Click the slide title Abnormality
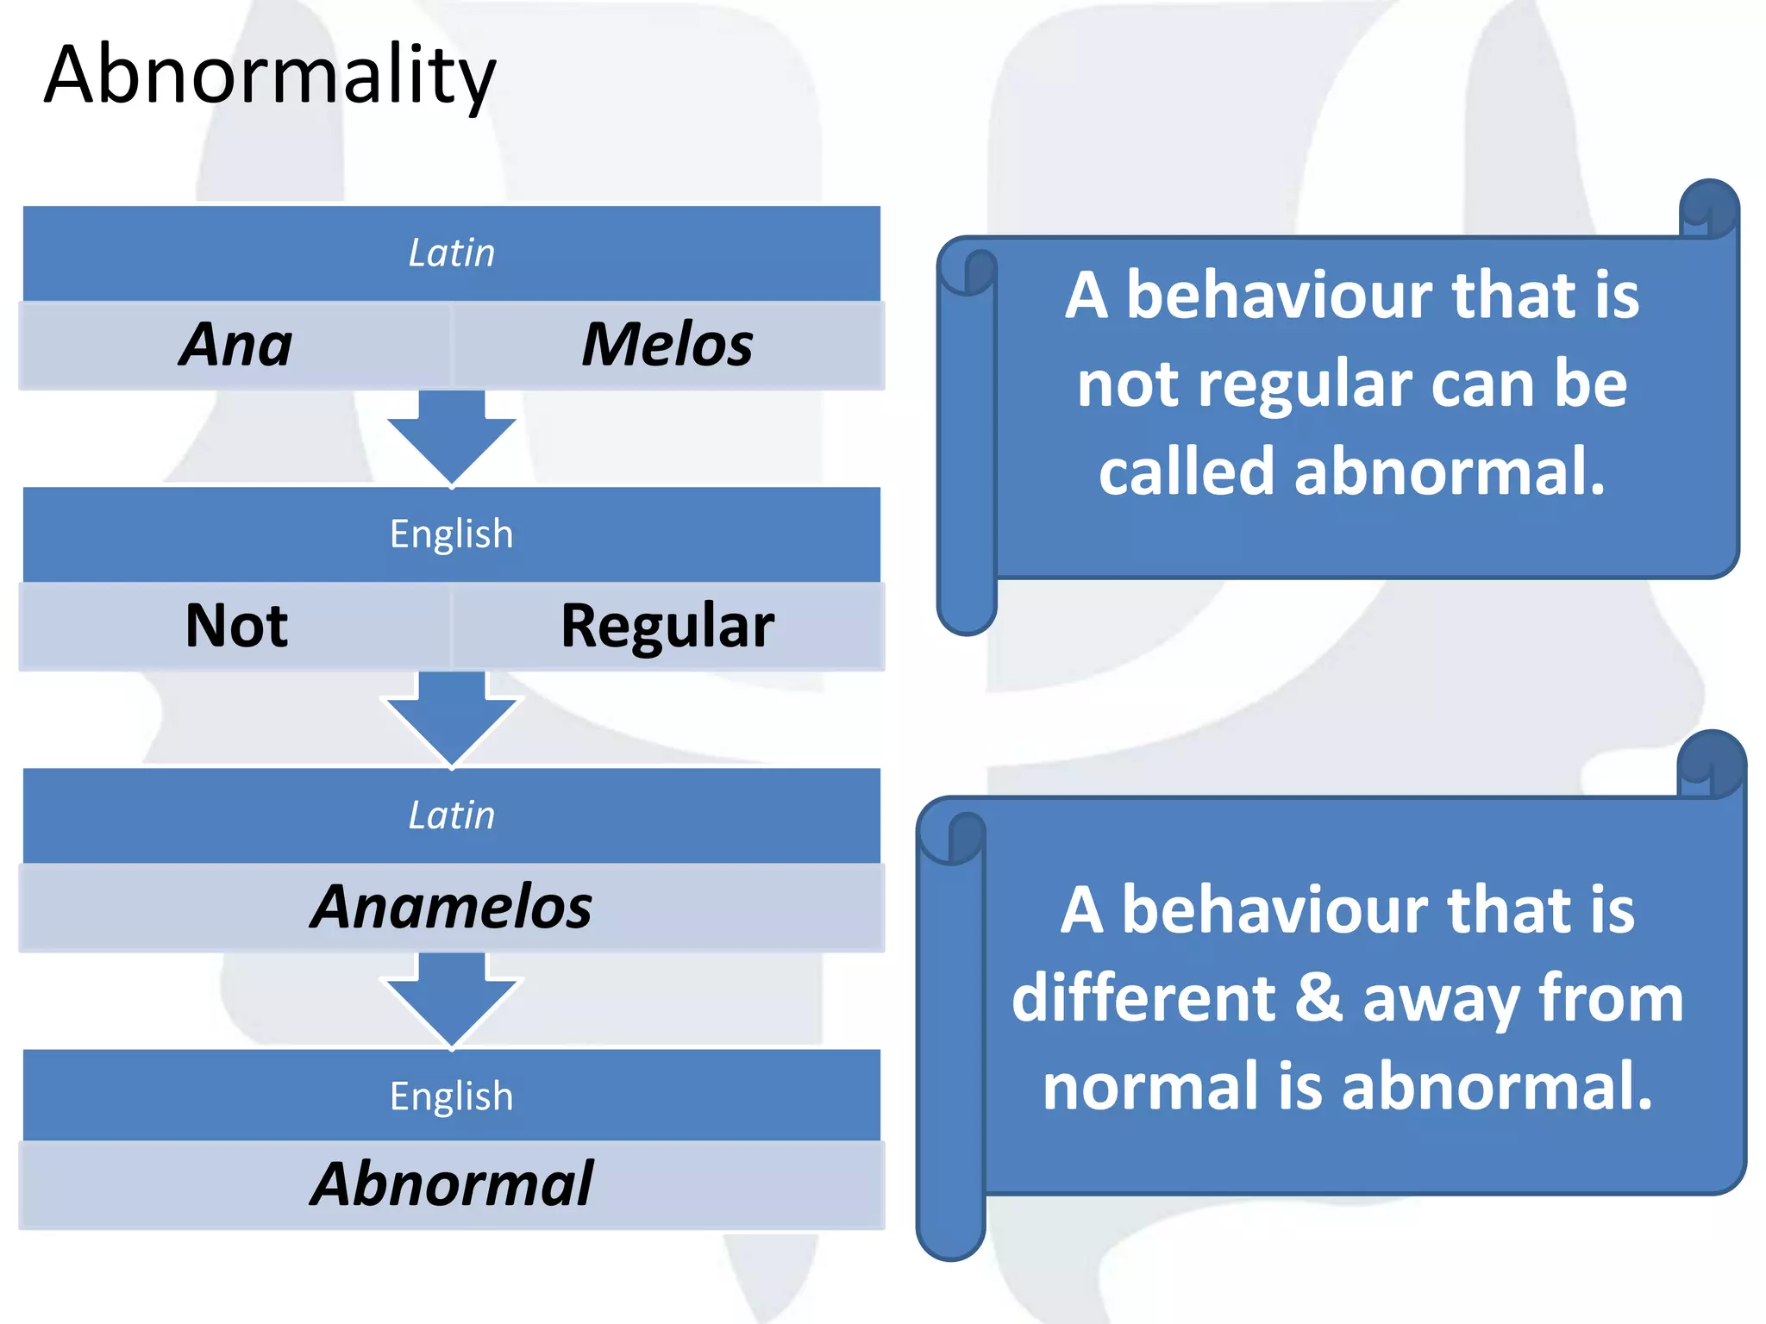(269, 76)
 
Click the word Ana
(235, 345)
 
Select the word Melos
(667, 345)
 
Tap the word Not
(235, 626)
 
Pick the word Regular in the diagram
(667, 626)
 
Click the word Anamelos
(451, 907)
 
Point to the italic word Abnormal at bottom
(451, 1184)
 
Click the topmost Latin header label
(451, 253)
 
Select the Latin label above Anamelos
(451, 815)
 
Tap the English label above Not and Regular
(451, 534)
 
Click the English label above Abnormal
(451, 1096)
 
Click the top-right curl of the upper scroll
(1709, 209)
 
